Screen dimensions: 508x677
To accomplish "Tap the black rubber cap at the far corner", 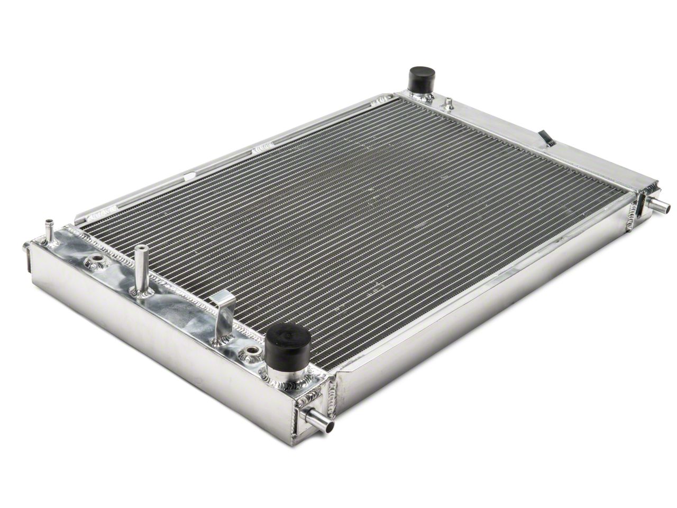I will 421,78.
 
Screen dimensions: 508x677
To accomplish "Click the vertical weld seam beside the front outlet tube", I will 332,397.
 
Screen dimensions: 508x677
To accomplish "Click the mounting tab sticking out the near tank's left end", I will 27,253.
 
